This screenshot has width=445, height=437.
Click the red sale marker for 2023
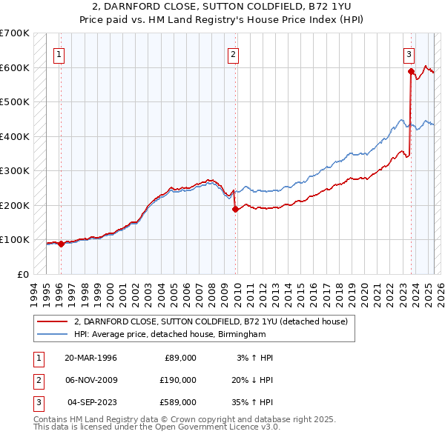[410, 71]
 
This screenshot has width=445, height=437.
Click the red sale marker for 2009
[235, 209]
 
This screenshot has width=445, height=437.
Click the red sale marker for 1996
[61, 244]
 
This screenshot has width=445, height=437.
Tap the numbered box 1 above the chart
[59, 53]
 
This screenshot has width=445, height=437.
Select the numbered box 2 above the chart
[233, 53]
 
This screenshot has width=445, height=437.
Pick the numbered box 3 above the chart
[409, 53]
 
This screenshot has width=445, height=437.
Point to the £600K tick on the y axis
[14, 67]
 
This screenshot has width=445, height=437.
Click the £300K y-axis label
[14, 170]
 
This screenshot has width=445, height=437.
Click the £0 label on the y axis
[23, 274]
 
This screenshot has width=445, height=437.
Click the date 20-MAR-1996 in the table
[91, 358]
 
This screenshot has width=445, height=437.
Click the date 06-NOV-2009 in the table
[91, 380]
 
